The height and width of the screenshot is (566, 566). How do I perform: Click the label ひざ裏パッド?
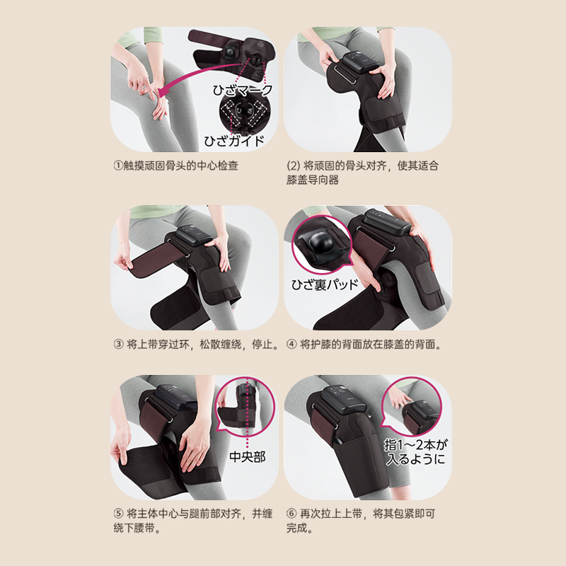point(325,284)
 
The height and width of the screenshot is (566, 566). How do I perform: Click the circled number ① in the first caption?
point(118,166)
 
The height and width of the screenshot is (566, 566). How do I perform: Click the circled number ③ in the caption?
point(118,345)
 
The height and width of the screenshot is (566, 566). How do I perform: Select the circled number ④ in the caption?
point(291,345)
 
